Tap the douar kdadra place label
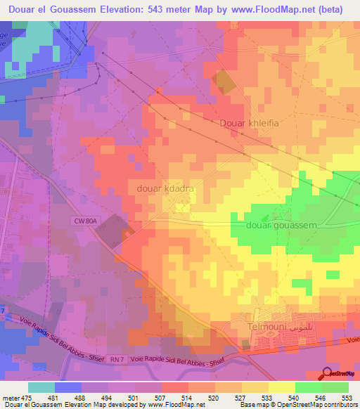(161, 189)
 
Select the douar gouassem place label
(282, 225)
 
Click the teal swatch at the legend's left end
(41, 387)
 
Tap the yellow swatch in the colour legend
(282, 387)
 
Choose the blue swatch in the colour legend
(68, 387)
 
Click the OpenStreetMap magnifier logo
(328, 375)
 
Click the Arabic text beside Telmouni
(296, 327)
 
